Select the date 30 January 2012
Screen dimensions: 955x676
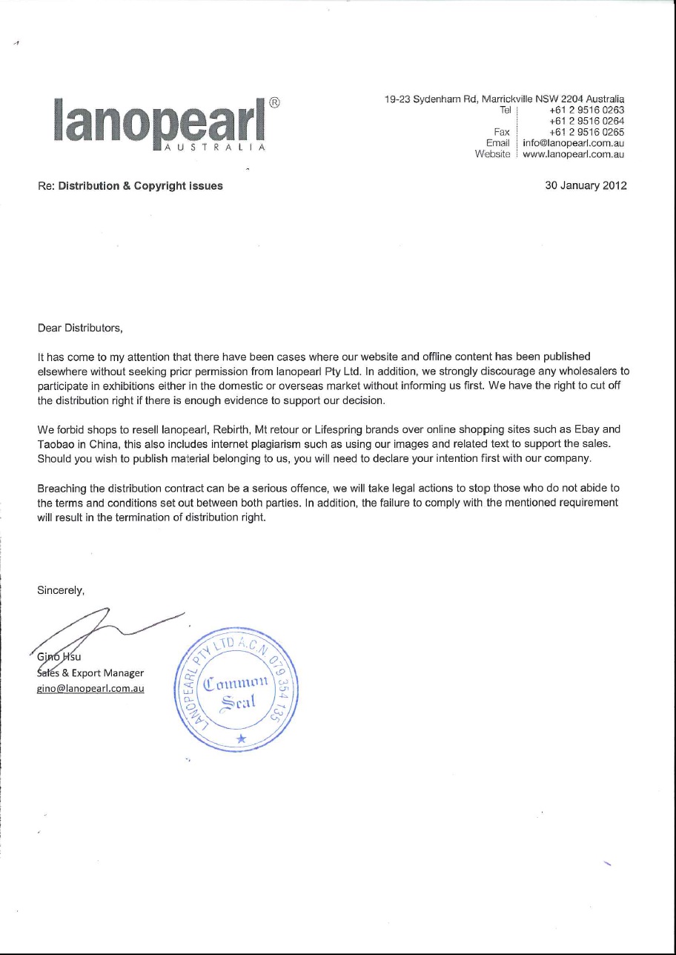(x=586, y=186)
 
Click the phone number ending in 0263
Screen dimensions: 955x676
(x=587, y=110)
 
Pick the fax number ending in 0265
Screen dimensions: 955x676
(x=587, y=132)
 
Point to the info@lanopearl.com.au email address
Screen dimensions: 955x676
(x=573, y=143)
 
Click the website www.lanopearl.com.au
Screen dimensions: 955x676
(x=573, y=154)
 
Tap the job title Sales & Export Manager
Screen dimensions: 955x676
(x=90, y=673)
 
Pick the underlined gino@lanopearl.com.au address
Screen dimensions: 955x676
(x=90, y=688)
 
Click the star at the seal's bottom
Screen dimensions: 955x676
(x=239, y=738)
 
